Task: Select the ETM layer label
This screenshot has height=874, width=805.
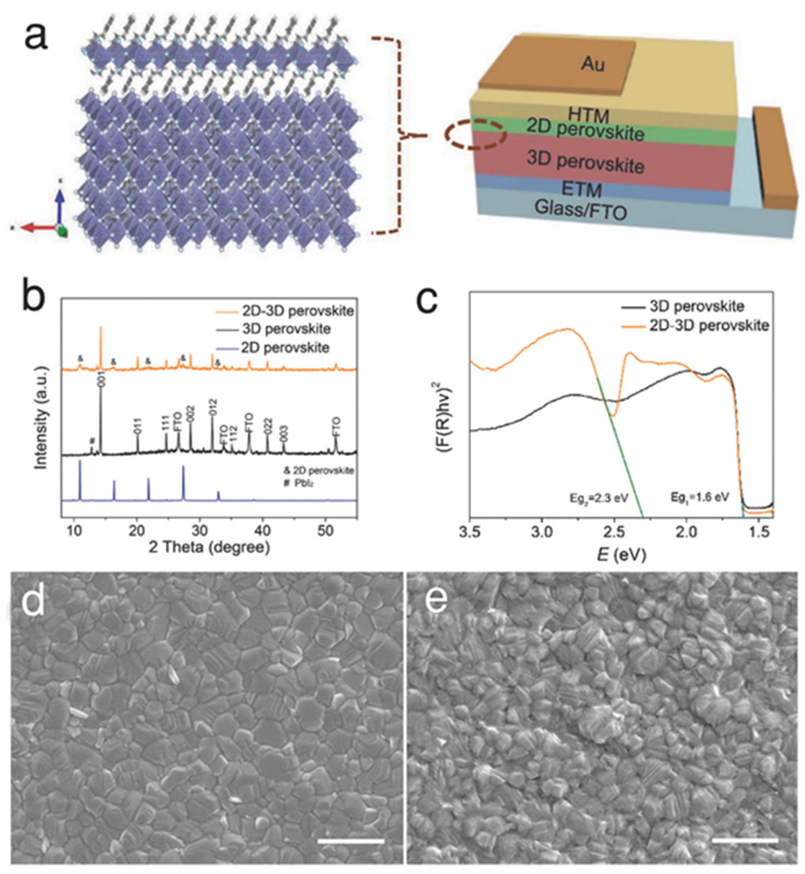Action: click(x=582, y=190)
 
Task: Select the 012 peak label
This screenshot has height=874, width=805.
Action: click(x=213, y=406)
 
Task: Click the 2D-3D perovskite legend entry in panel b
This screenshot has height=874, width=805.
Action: click(x=297, y=311)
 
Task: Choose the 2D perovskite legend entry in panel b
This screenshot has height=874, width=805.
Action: click(x=285, y=348)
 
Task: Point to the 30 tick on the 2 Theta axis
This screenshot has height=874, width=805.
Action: click(x=200, y=531)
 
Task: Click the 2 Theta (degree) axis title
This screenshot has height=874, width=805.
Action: click(x=209, y=547)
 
